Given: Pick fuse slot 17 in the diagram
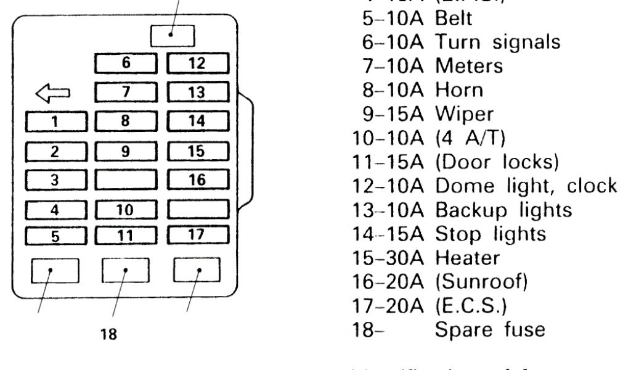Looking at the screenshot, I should (198, 235).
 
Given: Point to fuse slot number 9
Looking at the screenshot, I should (126, 150).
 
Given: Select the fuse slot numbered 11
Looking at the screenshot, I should (126, 235).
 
